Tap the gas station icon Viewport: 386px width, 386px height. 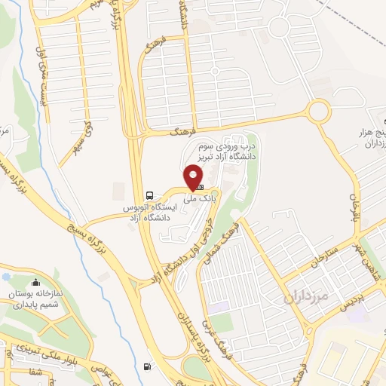[145, 367]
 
